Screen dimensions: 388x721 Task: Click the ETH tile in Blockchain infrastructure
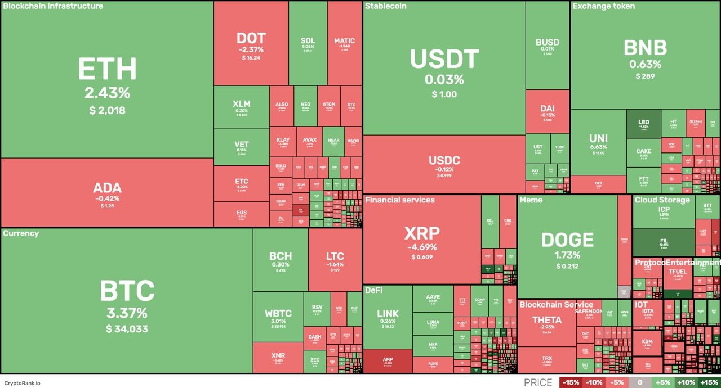pyautogui.click(x=107, y=79)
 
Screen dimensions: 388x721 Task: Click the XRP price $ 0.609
pyautogui.click(x=422, y=257)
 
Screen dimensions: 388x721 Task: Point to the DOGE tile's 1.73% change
pyautogui.click(x=567, y=255)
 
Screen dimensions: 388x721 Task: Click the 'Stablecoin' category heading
pyautogui.click(x=385, y=6)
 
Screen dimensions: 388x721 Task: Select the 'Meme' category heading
pyautogui.click(x=531, y=200)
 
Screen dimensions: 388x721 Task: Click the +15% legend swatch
pyautogui.click(x=709, y=382)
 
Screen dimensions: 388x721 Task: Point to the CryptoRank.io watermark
pyautogui.click(x=22, y=383)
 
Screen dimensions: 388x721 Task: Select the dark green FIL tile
pyautogui.click(x=664, y=243)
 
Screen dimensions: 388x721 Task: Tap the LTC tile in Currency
pyautogui.click(x=335, y=260)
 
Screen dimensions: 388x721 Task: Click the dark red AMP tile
pyautogui.click(x=388, y=361)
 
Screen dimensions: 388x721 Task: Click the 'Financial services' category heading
pyautogui.click(x=399, y=200)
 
